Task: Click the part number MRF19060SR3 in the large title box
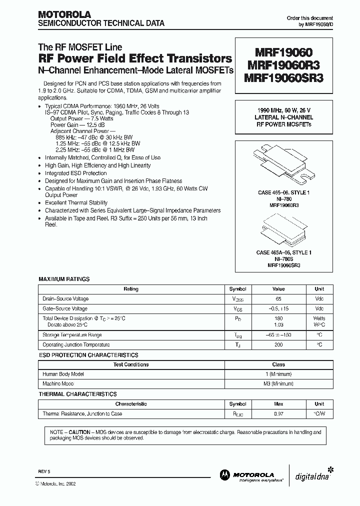[x=283, y=78]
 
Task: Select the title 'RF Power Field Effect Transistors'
[x=135, y=58]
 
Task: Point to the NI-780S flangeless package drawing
[x=283, y=228]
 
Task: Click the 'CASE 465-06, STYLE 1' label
[x=283, y=193]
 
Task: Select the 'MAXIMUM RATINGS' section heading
[x=64, y=279]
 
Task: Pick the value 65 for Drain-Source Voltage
[x=278, y=298]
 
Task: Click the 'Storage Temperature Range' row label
[x=72, y=335]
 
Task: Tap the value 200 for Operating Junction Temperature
[x=278, y=345]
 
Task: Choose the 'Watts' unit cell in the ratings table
[x=319, y=318]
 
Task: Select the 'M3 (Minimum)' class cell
[x=278, y=383]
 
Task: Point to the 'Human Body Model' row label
[x=63, y=374]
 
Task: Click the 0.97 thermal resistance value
[x=278, y=414]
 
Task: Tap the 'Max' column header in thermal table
[x=278, y=404]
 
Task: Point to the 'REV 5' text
[x=44, y=471]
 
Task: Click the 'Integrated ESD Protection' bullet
[x=76, y=173]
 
